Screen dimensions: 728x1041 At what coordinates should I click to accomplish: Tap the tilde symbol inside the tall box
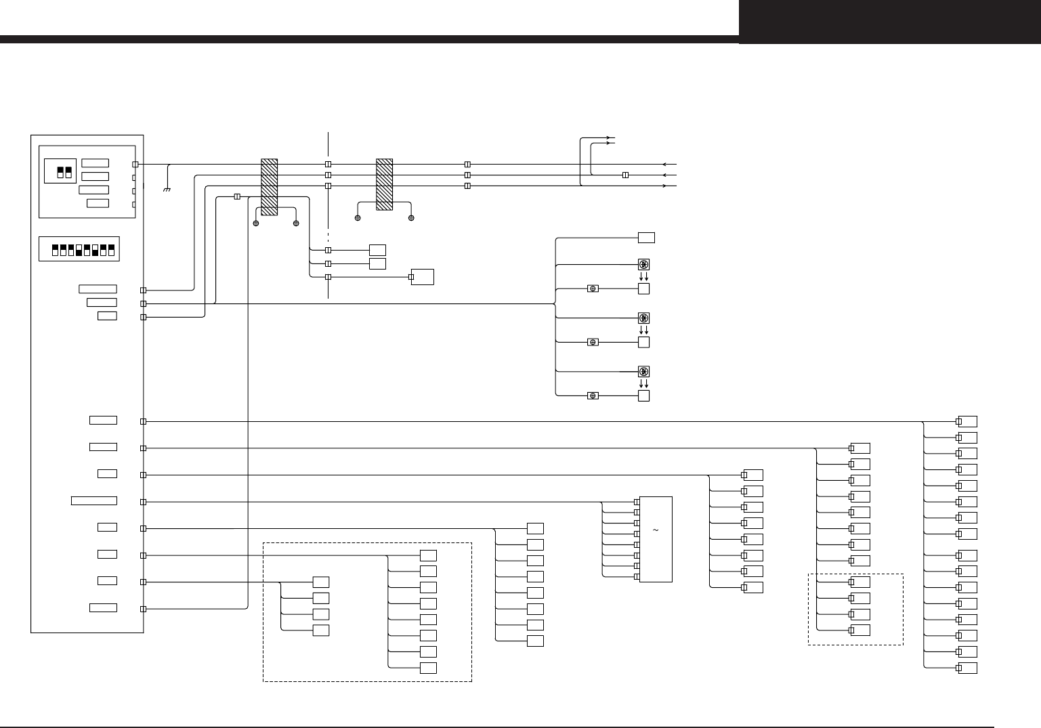click(x=656, y=530)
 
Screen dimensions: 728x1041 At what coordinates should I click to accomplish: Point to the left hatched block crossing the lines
click(x=269, y=187)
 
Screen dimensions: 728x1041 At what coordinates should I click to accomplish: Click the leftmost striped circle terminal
click(x=256, y=223)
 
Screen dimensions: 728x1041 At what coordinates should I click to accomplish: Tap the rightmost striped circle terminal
click(x=411, y=218)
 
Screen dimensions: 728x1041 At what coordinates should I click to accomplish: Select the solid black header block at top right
click(x=889, y=22)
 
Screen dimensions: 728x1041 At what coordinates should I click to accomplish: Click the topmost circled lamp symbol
click(x=644, y=264)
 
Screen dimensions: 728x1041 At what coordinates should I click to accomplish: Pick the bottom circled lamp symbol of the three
click(x=644, y=371)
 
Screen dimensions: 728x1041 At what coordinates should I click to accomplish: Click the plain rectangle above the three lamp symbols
click(x=646, y=238)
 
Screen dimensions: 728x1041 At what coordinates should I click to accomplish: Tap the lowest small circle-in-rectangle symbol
click(x=593, y=395)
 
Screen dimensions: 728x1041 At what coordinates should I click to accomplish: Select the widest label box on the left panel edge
click(x=94, y=500)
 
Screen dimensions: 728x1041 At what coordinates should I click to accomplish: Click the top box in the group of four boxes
click(x=321, y=582)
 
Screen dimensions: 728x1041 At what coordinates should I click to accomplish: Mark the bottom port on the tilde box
click(x=637, y=577)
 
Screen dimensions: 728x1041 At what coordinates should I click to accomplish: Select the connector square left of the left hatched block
click(x=236, y=196)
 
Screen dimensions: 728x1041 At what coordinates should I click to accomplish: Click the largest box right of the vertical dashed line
click(x=423, y=277)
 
